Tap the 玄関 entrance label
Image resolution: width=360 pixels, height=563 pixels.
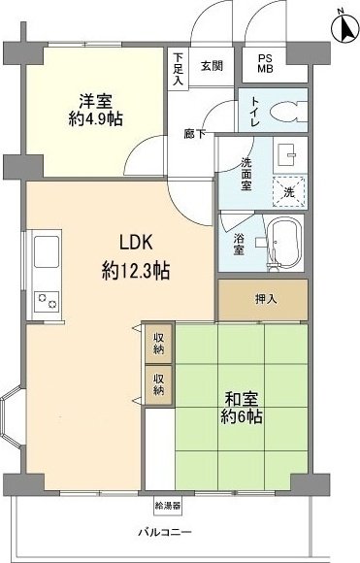coord(212,66)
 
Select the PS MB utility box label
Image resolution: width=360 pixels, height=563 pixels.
coord(265,65)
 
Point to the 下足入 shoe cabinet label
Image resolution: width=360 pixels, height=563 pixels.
coord(179,69)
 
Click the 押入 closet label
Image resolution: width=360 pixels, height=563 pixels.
coord(265,299)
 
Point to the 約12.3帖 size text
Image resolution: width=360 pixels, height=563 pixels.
coord(135,271)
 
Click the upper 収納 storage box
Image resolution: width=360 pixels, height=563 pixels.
coord(158,344)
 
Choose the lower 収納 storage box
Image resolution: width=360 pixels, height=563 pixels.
coord(158,382)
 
